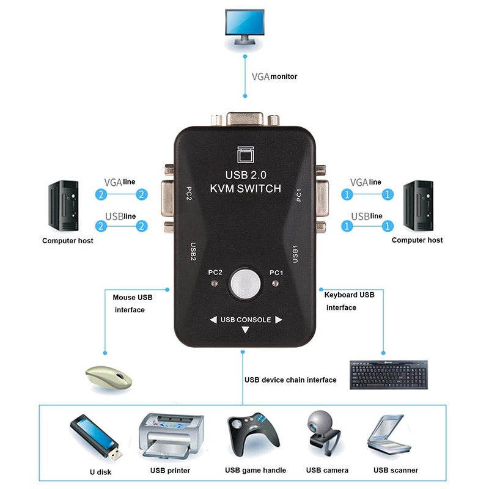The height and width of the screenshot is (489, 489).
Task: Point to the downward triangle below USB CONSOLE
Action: click(245, 331)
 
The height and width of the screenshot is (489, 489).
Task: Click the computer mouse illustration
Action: click(108, 377)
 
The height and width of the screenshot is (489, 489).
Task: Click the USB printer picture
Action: click(170, 436)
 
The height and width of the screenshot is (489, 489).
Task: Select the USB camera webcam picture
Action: click(324, 434)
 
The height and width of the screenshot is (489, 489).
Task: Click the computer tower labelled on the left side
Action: click(63, 205)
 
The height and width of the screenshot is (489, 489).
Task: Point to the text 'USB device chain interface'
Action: click(290, 380)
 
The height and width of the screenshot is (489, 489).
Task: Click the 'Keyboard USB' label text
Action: click(349, 295)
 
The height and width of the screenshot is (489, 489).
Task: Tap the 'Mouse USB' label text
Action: click(133, 298)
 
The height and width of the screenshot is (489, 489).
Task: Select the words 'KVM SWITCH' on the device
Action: click(245, 189)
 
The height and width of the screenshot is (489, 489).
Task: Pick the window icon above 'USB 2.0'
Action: click(244, 155)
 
